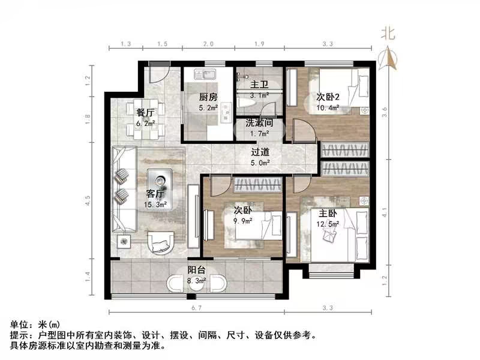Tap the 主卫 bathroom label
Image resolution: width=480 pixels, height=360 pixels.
259,85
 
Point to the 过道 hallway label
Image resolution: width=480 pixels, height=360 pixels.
260,152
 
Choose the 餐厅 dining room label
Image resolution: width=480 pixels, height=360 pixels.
146,112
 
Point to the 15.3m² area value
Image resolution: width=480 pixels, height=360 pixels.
155,204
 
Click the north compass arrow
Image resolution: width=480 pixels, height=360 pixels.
389,59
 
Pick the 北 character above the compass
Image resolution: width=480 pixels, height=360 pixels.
389,34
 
